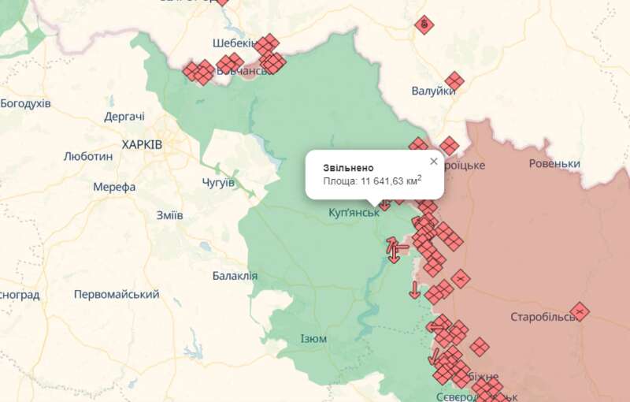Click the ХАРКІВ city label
[142, 145]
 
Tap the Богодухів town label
[25, 103]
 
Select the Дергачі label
[124, 117]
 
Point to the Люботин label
[87, 156]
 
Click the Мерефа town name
[114, 187]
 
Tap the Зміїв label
[169, 215]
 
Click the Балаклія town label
[235, 276]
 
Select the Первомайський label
[116, 294]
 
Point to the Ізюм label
[313, 338]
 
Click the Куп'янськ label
[354, 213]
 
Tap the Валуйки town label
[434, 91]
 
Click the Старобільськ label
[543, 317]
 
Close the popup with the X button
[433, 162]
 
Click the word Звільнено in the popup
[348, 168]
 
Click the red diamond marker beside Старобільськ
[580, 312]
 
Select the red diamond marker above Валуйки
[424, 25]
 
